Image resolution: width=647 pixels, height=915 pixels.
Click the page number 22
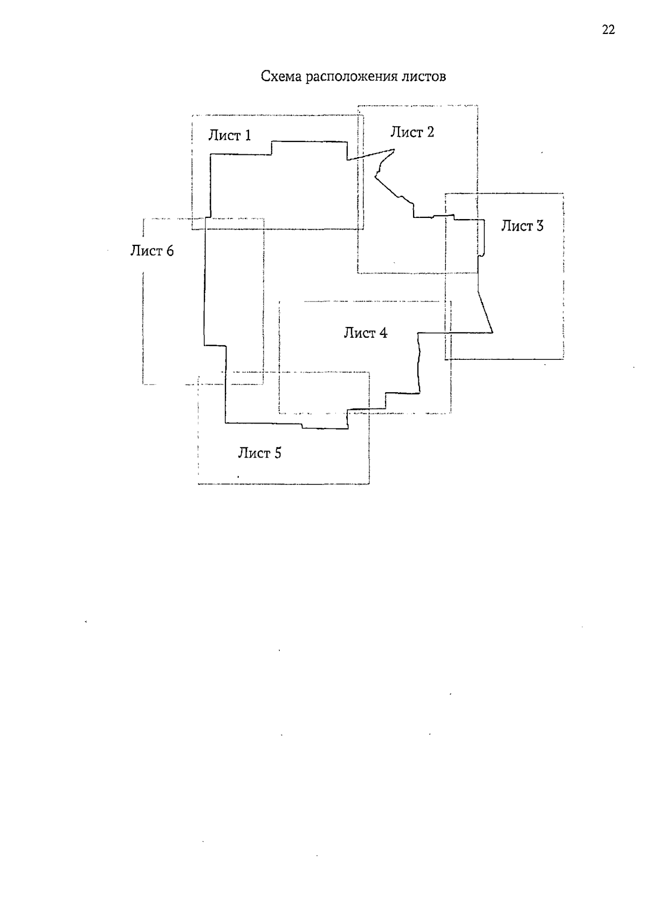pos(608,30)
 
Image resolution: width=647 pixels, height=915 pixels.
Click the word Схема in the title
pos(281,76)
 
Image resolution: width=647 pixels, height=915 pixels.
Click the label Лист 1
pos(229,135)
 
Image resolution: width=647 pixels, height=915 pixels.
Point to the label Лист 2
pos(412,132)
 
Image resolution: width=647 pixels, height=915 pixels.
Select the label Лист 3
pos(522,226)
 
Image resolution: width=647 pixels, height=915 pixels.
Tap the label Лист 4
pos(366,332)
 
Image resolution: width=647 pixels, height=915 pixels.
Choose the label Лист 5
pos(260,453)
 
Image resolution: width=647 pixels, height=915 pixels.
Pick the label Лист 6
pos(152,250)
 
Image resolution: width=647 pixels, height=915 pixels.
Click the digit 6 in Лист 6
pos(170,250)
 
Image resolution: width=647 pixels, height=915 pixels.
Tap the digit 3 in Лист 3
pos(540,226)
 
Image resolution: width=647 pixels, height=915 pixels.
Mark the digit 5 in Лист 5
pos(278,453)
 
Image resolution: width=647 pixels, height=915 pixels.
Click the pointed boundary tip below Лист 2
pos(395,149)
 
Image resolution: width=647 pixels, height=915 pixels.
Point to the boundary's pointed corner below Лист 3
pos(493,332)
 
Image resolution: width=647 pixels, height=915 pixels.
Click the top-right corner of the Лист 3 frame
pos(563,194)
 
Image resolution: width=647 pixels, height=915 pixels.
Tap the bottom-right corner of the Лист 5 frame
pos(369,484)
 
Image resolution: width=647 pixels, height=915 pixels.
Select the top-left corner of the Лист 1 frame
pos(192,115)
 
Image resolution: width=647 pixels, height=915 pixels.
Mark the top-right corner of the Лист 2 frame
pos(478,106)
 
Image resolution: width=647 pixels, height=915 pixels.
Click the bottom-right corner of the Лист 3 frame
pos(563,359)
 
